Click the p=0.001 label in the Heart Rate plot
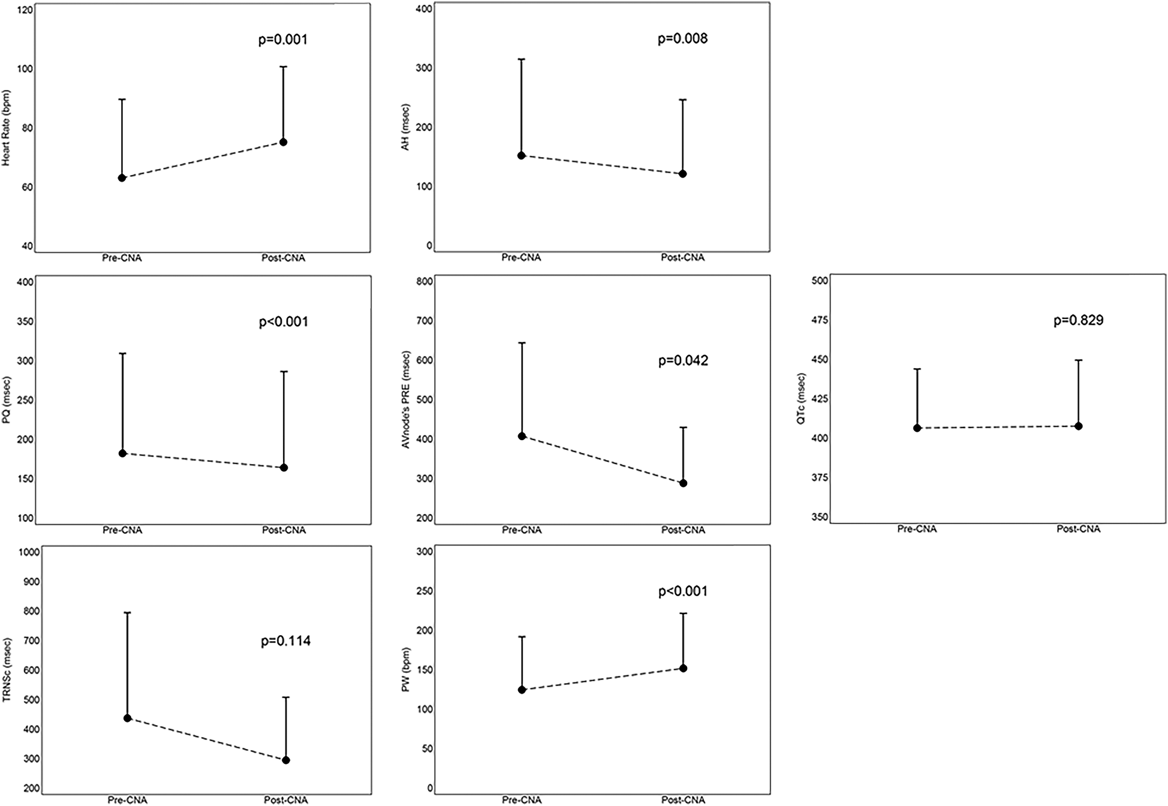pos(282,40)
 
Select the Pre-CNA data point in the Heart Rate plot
pos(122,178)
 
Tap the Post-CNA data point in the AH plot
pos(682,174)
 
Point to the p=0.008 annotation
pos(682,39)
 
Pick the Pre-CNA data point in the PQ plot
pos(122,453)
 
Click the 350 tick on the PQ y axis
pos(25,321)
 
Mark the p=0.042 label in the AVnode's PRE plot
pos(683,361)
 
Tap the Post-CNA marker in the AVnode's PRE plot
pos(683,483)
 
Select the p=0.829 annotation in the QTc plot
pos(1078,320)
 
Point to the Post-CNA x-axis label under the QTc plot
pos(1078,529)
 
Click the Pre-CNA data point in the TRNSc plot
pos(127,718)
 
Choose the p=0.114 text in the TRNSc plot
pos(285,641)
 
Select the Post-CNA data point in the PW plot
pos(683,668)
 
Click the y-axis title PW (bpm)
pos(406,670)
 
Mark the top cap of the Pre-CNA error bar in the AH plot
pos(522,59)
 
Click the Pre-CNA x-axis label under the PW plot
pos(522,800)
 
